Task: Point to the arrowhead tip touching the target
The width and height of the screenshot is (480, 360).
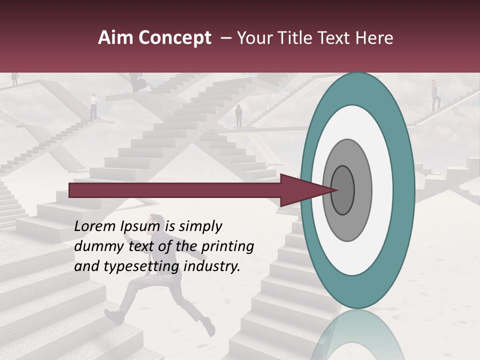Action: coord(336,190)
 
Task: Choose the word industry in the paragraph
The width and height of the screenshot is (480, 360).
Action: coord(211,267)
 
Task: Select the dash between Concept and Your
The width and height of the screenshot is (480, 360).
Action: coord(225,38)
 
